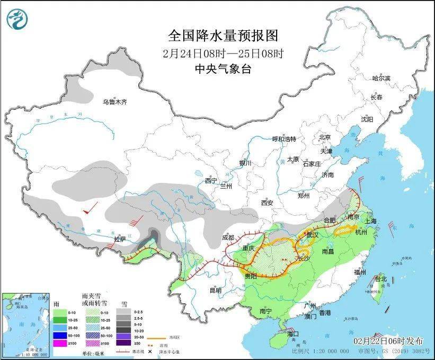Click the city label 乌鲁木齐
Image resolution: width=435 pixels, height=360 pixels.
[x=115, y=102]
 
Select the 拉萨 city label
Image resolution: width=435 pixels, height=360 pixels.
[x=121, y=240]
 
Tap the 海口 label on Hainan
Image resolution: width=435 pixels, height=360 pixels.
[x=292, y=333]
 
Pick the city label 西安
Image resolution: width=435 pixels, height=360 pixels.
[x=267, y=203]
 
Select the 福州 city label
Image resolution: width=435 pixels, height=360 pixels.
[x=360, y=272]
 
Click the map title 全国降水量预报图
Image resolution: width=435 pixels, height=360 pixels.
[x=223, y=36]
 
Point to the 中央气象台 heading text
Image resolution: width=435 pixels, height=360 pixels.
[x=223, y=68]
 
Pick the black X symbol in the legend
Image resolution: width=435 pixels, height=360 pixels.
[x=151, y=352]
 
